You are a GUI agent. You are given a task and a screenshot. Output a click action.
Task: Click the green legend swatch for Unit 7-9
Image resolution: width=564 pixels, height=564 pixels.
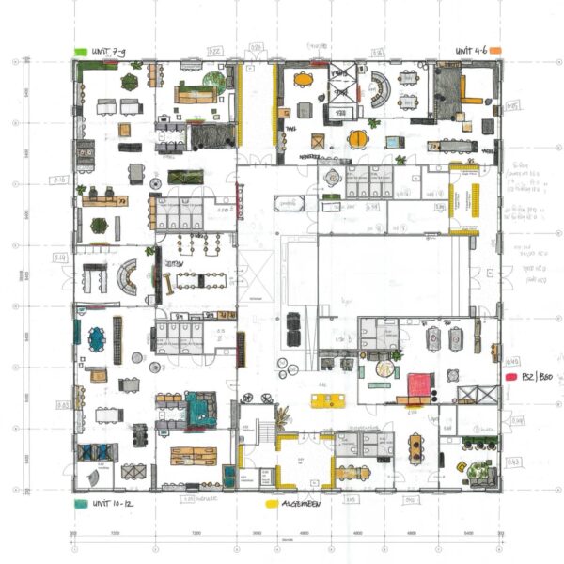coord(81,50)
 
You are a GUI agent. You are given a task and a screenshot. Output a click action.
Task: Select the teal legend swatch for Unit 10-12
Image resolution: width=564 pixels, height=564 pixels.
coord(81,504)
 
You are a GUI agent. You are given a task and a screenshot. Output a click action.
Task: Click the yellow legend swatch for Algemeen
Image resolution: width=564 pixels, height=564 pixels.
coord(272,504)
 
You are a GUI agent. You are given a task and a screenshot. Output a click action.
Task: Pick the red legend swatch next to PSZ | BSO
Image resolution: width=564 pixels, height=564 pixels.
coord(512,376)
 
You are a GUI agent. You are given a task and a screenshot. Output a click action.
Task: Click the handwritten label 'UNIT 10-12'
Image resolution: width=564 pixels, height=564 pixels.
coord(109,504)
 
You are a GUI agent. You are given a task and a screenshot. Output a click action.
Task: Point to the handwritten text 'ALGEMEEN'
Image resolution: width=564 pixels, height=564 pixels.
coord(303,504)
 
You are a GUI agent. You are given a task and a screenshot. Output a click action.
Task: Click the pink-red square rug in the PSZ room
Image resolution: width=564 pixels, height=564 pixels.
coord(418,384)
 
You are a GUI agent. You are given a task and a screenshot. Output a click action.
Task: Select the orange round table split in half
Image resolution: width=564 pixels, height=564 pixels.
coord(358,139)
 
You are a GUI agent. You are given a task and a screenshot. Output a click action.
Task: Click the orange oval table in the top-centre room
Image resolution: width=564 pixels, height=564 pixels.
coord(303,80)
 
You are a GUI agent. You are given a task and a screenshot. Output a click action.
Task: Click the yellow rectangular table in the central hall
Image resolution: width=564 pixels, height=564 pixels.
coord(324,401)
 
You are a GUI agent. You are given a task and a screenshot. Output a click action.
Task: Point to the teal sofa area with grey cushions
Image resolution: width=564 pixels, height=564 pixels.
coord(199,406)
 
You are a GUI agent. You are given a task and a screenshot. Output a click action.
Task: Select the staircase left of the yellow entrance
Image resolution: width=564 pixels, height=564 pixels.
coord(264,431)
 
